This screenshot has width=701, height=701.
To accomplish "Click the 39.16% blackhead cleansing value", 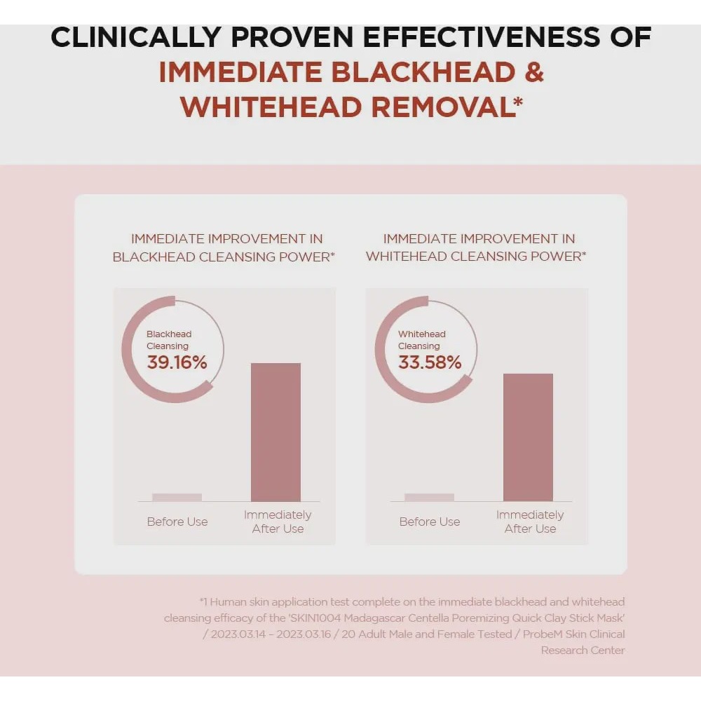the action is pos(177,362).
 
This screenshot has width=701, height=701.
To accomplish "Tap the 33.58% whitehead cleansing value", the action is pos(430,362).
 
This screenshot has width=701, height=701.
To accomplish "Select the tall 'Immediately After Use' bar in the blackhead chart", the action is pos(275,433).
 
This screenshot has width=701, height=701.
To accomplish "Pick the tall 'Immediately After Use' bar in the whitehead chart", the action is pos(528,437).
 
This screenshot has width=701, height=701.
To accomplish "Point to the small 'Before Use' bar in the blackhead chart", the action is pos(177,497).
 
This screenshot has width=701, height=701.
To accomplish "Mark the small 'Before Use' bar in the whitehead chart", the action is pos(429,497).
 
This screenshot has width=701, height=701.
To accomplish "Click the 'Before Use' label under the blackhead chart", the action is pos(177,522).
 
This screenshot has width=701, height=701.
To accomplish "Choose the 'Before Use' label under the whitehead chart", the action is pos(430,522).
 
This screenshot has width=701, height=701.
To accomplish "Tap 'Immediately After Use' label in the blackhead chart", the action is pos(278,522).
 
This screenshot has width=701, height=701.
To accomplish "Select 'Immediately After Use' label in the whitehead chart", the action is pos(530,522).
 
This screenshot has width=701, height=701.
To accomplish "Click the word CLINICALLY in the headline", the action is pos(136,36).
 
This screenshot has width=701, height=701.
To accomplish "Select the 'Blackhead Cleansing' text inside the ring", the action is pos(169,340).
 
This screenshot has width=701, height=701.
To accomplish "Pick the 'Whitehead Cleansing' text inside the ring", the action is pos(421,340).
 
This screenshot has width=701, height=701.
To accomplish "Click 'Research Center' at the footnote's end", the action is pos(583,651).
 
